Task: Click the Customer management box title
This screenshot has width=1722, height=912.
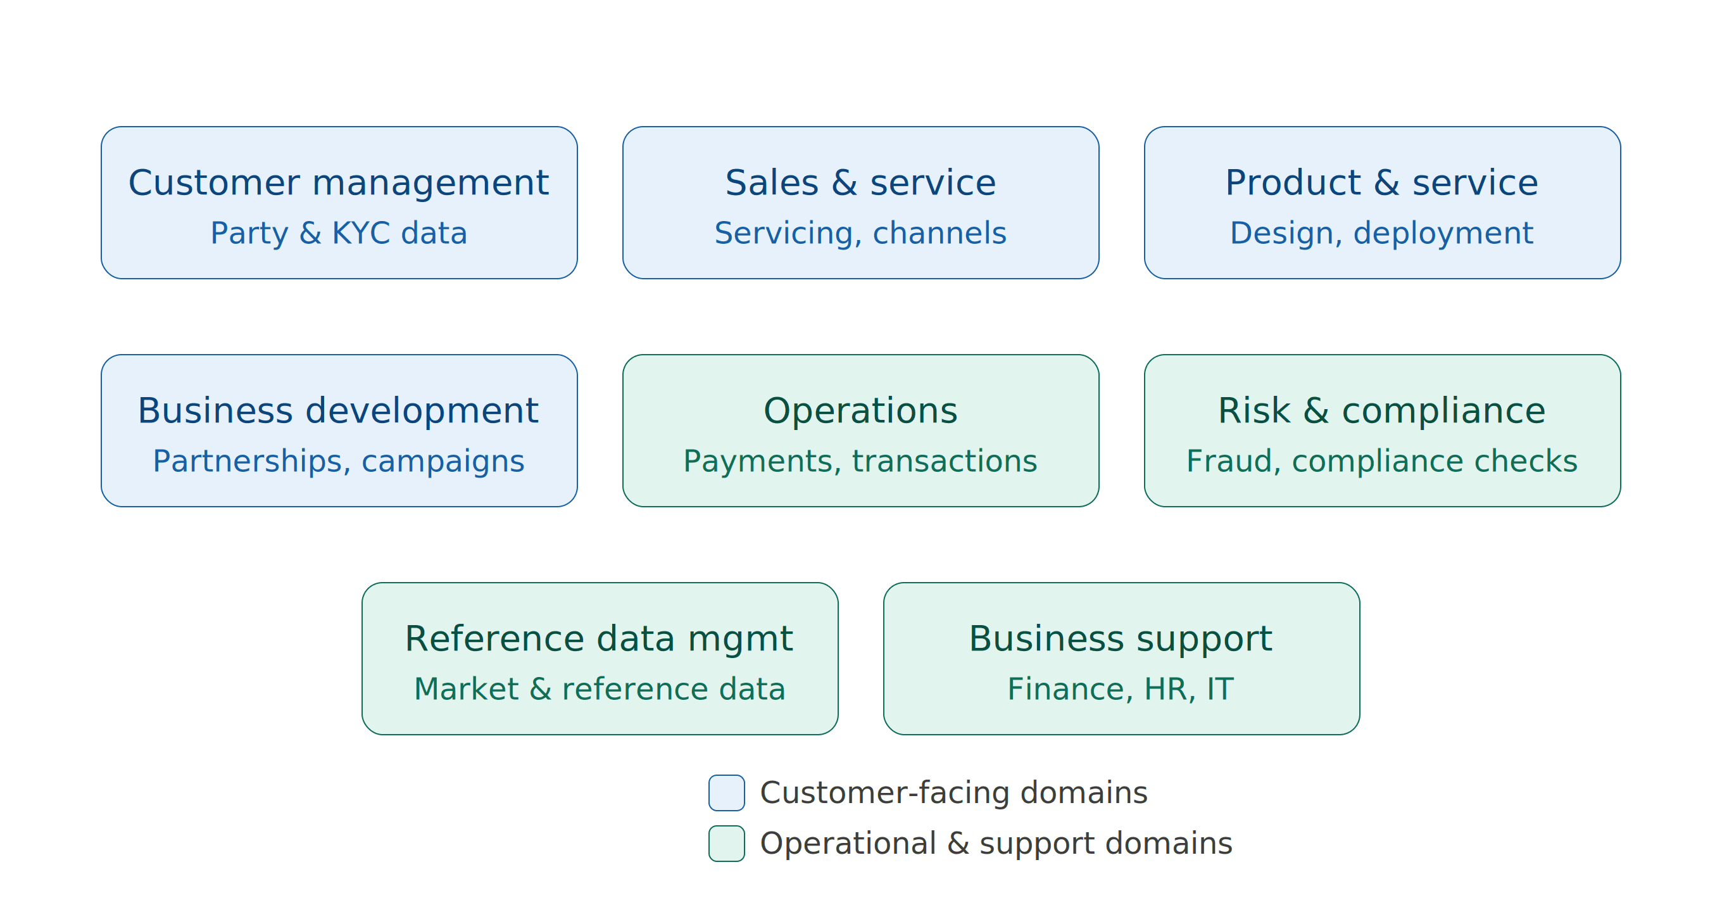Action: tap(339, 182)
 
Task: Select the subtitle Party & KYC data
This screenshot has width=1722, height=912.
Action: tap(339, 233)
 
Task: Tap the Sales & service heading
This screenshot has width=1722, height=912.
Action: tap(860, 182)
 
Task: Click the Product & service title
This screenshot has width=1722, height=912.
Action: tap(1382, 182)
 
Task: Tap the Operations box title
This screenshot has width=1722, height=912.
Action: tap(860, 410)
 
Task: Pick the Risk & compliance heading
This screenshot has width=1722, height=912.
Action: tap(1382, 410)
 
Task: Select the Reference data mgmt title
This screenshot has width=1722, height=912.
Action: tap(599, 638)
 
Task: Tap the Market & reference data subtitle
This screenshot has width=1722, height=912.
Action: tap(600, 689)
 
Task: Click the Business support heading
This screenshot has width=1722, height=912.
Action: tap(1121, 638)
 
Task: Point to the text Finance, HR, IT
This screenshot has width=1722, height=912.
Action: tap(1121, 689)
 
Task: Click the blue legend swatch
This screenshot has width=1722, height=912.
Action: tap(727, 793)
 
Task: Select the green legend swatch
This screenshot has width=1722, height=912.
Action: tap(727, 844)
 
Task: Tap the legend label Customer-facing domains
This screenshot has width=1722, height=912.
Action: tap(954, 793)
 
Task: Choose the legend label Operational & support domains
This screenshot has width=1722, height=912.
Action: tap(996, 844)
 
